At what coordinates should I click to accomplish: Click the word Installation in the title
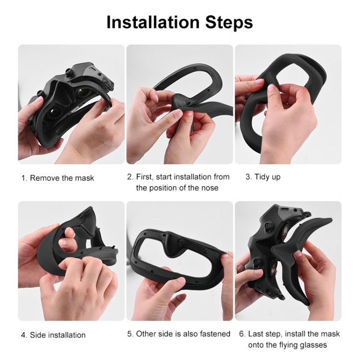tap(153, 22)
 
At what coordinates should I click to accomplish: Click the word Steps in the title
tap(229, 23)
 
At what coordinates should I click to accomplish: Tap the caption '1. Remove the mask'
tap(58, 178)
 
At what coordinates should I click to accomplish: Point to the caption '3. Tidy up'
tap(263, 177)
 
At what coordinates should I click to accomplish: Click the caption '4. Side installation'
tap(53, 335)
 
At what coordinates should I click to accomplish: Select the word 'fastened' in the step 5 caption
tap(215, 334)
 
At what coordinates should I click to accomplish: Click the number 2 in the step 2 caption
tap(130, 177)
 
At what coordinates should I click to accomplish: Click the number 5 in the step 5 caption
tap(130, 334)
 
